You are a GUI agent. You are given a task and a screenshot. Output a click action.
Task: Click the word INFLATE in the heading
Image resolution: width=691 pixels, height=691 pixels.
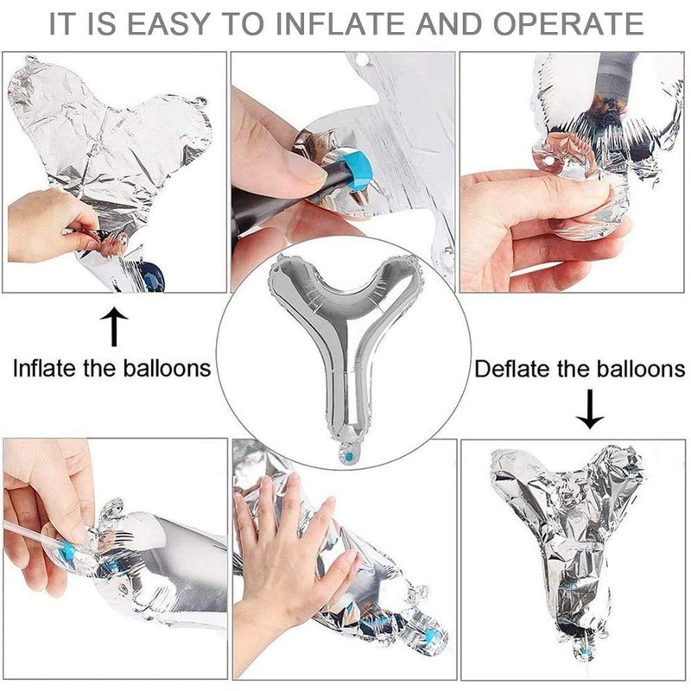coord(341,23)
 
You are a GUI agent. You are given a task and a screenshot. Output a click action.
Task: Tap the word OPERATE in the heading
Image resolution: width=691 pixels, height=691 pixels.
coord(568,23)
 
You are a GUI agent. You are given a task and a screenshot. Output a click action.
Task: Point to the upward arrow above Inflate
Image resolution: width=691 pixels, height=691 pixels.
coord(114,326)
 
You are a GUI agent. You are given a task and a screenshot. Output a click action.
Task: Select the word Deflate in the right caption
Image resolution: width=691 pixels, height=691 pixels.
coord(512,369)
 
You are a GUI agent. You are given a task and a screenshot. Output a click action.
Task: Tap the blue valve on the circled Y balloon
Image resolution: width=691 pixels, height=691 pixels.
coord(348,456)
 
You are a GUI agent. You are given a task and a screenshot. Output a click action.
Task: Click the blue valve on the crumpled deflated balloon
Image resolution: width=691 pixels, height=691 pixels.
coord(585,651)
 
